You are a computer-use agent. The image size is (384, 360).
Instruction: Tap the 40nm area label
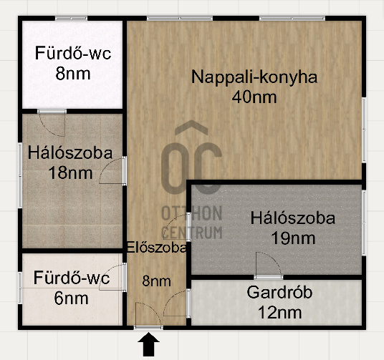254,97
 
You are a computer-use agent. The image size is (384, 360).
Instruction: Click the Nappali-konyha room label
254,77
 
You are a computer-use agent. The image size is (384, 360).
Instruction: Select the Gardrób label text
279,292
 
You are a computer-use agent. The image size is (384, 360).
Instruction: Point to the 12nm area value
279,313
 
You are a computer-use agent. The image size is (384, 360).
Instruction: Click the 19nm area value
294,238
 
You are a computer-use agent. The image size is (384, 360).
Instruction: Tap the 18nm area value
70,173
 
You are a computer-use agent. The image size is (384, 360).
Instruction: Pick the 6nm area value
71,298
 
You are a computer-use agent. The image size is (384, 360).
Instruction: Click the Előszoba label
156,247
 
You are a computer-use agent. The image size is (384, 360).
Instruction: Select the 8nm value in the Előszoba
156,281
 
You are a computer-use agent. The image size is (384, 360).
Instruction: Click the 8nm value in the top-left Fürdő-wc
73,74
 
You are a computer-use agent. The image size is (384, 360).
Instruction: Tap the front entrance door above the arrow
148,315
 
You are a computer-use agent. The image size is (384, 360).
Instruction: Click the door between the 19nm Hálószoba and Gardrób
269,266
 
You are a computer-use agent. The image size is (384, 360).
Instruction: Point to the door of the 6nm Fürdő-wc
112,277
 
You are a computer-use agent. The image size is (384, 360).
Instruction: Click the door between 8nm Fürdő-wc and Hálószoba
52,123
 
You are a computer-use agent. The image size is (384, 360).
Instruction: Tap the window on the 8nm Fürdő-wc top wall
71,19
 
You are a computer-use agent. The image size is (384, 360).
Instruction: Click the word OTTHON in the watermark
192,213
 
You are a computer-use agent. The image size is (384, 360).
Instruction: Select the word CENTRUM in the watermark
192,232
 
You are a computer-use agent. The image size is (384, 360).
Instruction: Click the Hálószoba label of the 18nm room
70,153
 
